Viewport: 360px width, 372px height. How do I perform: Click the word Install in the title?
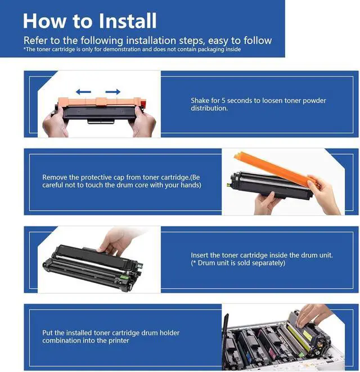click(x=127, y=21)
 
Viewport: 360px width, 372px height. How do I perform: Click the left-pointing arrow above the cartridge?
click(x=83, y=92)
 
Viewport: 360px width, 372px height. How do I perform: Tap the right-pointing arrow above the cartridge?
click(x=113, y=92)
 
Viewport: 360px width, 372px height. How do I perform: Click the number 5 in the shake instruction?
click(x=223, y=101)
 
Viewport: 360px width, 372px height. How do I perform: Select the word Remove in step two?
click(x=55, y=177)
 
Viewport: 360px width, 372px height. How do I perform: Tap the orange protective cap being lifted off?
click(x=274, y=169)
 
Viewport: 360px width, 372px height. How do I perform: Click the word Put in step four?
click(x=47, y=333)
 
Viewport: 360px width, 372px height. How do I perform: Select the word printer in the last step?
click(x=119, y=340)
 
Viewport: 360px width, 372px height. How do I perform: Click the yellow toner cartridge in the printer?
click(x=306, y=332)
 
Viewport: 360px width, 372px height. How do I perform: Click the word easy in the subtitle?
click(x=218, y=41)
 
